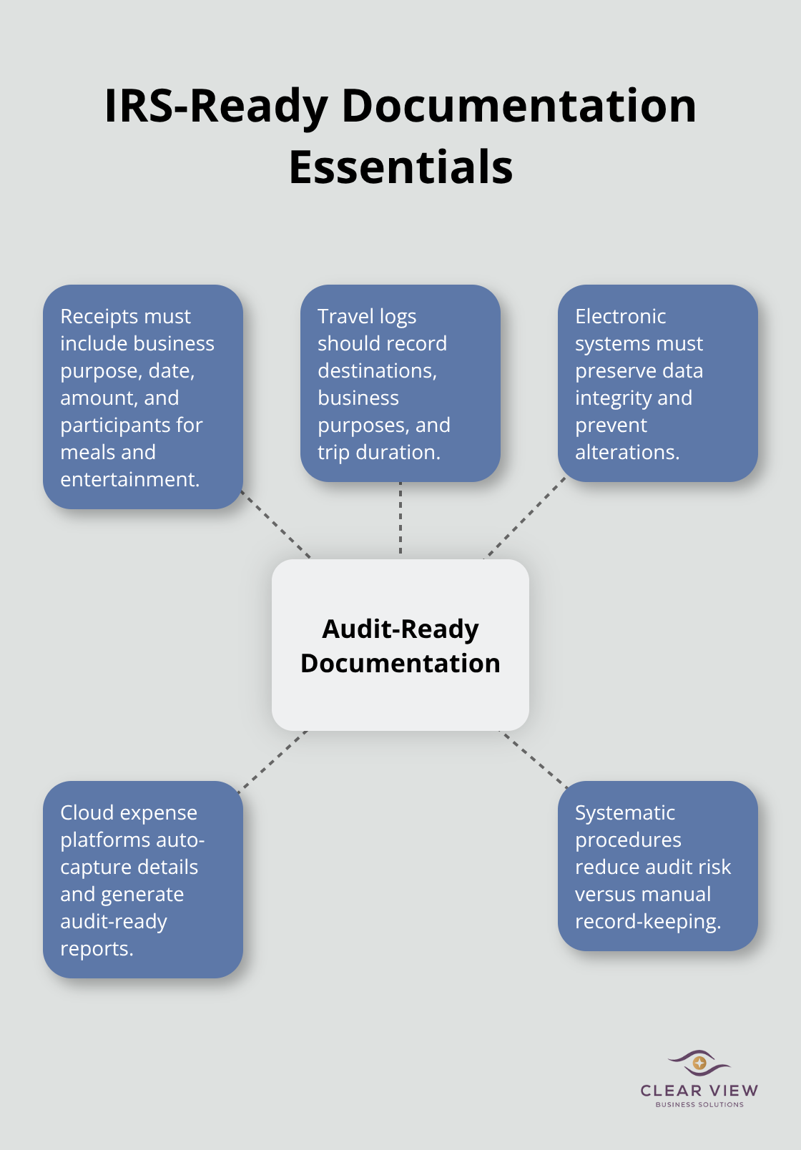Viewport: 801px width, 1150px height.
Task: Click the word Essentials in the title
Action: (x=400, y=167)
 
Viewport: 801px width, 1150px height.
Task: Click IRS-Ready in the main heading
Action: (x=215, y=106)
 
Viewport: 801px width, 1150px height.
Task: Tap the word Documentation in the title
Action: (x=519, y=106)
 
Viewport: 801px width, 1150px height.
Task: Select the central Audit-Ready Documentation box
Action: (x=400, y=644)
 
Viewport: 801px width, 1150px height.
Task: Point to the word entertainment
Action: (x=129, y=479)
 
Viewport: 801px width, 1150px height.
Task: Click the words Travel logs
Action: (x=366, y=316)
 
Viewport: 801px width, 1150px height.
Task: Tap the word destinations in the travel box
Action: (x=376, y=370)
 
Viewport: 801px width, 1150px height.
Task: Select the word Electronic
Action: (x=620, y=316)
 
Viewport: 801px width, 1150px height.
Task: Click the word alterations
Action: (x=626, y=452)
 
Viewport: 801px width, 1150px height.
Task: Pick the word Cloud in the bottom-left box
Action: (x=85, y=812)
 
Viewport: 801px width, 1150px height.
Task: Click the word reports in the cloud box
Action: (x=96, y=948)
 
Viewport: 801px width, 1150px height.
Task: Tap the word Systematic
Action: (x=624, y=812)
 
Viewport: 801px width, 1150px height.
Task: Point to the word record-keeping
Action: (x=647, y=921)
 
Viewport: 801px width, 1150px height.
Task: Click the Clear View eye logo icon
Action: (x=699, y=1063)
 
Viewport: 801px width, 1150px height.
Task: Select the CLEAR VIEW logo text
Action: (x=699, y=1091)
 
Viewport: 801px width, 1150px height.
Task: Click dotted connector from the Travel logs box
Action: (x=400, y=519)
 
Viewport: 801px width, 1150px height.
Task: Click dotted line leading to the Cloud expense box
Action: (x=272, y=761)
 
